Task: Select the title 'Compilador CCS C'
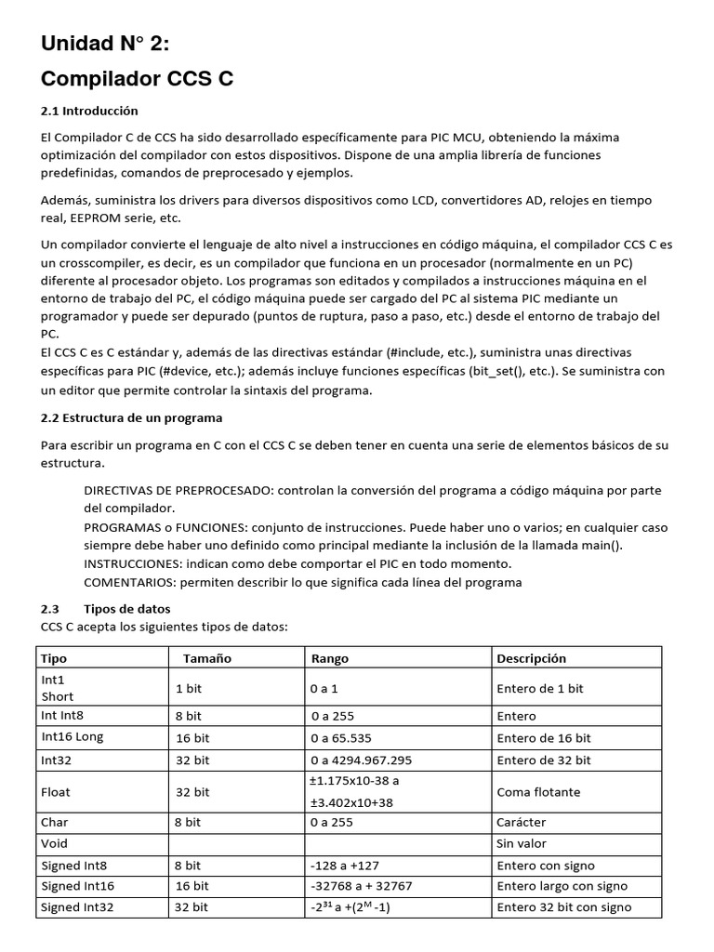tap(136, 80)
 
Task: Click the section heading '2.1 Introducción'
tap(89, 111)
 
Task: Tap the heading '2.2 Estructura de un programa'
tap(131, 417)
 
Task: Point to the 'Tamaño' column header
tap(206, 658)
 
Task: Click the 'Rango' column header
tap(330, 658)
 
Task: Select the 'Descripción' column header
tap(531, 658)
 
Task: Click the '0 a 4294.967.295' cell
tap(362, 760)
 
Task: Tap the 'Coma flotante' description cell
tap(538, 792)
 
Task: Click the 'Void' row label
tap(55, 844)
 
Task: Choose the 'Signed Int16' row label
tap(78, 886)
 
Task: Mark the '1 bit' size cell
tap(192, 688)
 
